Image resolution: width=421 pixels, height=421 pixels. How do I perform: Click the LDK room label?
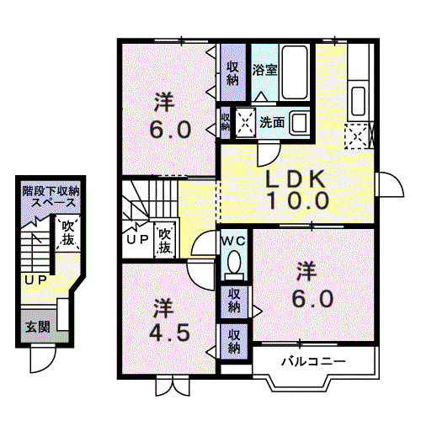tap(296, 179)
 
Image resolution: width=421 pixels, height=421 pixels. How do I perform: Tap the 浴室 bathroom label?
tap(264, 70)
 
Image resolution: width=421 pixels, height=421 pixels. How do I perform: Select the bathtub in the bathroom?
tap(295, 72)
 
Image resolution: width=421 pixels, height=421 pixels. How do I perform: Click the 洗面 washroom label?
tap(272, 122)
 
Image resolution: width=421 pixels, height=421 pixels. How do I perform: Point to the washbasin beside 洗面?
tap(299, 123)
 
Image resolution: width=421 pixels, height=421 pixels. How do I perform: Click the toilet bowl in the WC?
tap(234, 263)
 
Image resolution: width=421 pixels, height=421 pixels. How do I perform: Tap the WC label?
tap(234, 241)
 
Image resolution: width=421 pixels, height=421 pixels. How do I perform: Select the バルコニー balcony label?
tap(313, 362)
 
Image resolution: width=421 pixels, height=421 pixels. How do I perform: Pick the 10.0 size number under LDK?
tap(298, 200)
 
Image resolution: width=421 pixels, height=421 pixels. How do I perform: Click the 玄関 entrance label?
tap(38, 328)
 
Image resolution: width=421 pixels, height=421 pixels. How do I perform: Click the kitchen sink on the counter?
tap(358, 101)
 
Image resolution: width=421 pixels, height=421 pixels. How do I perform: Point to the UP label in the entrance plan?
tap(35, 280)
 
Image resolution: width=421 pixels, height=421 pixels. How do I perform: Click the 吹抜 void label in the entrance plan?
tap(68, 232)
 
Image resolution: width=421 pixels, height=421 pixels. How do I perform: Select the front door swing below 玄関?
tap(43, 359)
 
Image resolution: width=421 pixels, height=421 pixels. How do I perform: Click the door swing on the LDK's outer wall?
tap(391, 184)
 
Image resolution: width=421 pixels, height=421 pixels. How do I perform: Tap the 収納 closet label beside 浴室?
tap(232, 73)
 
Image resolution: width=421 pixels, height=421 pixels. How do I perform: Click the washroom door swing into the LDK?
tap(269, 154)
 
